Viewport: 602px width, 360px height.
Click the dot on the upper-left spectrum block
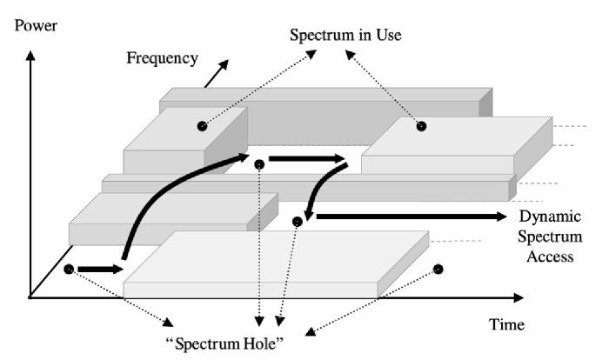[201, 127]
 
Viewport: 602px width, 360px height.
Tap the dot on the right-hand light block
[420, 126]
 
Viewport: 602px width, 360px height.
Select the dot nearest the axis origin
[68, 270]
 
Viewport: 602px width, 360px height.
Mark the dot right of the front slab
[438, 269]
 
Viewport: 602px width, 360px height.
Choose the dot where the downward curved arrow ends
[297, 222]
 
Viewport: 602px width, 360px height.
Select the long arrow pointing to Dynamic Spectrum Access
[409, 216]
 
